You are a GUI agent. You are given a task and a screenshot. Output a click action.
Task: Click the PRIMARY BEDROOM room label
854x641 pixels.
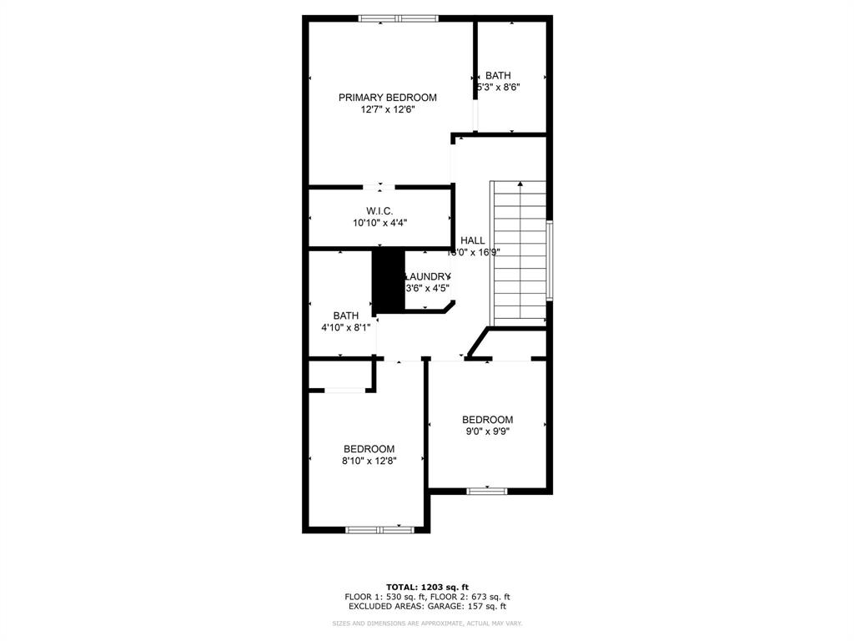[x=387, y=98]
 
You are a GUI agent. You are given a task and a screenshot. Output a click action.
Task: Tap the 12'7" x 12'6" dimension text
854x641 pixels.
[x=387, y=109]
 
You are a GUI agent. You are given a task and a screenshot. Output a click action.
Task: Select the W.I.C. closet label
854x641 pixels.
[x=379, y=211]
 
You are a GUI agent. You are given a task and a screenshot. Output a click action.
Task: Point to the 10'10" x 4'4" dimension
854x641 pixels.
[x=379, y=223]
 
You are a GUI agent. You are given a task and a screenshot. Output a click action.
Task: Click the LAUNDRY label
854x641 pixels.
[x=427, y=277]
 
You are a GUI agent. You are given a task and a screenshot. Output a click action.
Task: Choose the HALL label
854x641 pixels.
[x=472, y=240]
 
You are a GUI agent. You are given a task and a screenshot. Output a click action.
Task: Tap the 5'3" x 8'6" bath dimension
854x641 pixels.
[x=499, y=87]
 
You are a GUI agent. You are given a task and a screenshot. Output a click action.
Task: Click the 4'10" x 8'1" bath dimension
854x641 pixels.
[x=345, y=328]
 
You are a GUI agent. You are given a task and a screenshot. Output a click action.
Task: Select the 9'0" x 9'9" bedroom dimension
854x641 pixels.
[x=487, y=432]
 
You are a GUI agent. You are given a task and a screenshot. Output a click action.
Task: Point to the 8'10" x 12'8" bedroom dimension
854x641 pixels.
[x=369, y=461]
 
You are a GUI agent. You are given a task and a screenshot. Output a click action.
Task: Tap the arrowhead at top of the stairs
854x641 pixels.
[x=520, y=184]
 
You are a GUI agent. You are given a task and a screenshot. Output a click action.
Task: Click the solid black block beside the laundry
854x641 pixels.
[x=388, y=280]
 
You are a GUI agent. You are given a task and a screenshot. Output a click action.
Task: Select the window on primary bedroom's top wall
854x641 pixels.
[x=398, y=18]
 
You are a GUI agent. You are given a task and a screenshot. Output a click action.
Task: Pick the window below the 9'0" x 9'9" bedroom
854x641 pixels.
[x=487, y=491]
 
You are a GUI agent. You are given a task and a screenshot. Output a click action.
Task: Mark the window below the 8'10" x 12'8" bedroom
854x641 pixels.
[x=379, y=529]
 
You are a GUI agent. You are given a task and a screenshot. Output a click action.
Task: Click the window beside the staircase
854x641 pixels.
[x=549, y=260]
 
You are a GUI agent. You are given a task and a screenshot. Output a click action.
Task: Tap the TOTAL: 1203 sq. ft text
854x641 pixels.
[x=427, y=586]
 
